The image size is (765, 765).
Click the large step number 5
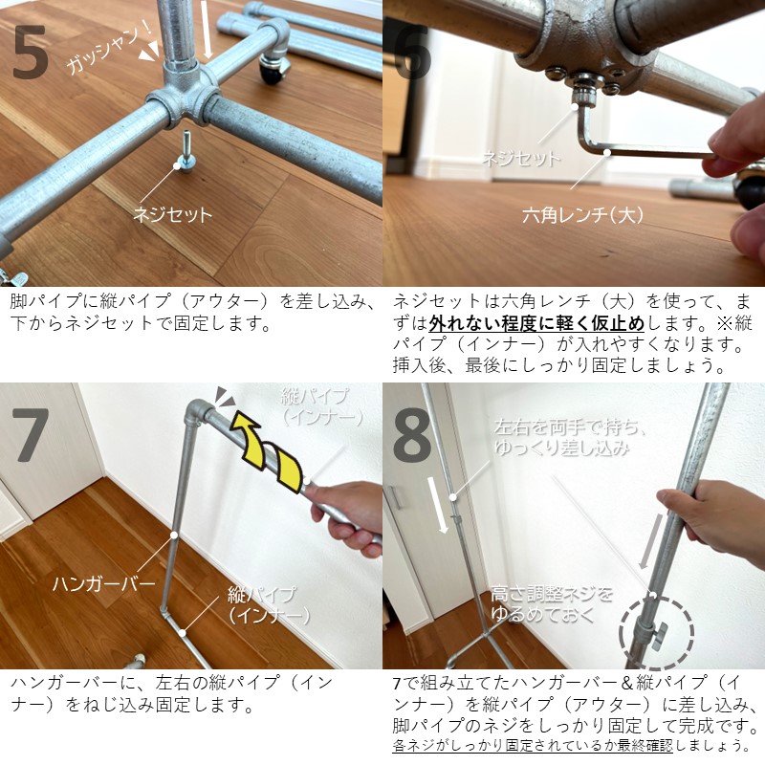pyautogui.click(x=31, y=55)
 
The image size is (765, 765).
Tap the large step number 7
pyautogui.click(x=31, y=436)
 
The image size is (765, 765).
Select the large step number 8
pyautogui.click(x=413, y=436)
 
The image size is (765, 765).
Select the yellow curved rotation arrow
pyautogui.click(x=271, y=459)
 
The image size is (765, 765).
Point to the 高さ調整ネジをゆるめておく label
pyautogui.click(x=552, y=602)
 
